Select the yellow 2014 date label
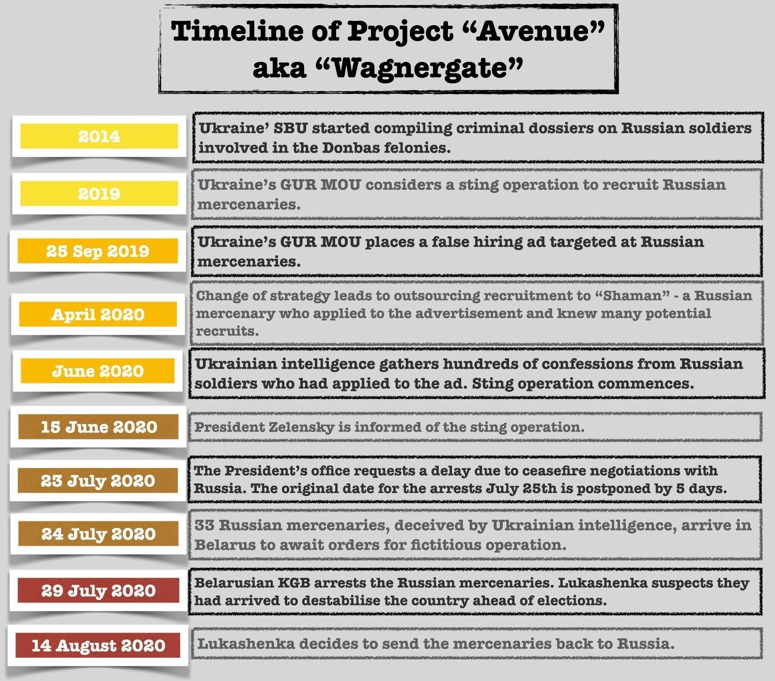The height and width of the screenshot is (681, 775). pyautogui.click(x=99, y=136)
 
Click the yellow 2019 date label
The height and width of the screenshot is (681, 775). pyautogui.click(x=99, y=194)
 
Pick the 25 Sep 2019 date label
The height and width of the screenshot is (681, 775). pyautogui.click(x=98, y=251)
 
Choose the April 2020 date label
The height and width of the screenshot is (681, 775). pyautogui.click(x=98, y=314)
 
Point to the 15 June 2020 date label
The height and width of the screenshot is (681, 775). pyautogui.click(x=99, y=427)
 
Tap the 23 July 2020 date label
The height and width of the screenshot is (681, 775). pyautogui.click(x=98, y=481)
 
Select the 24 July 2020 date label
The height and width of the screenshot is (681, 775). pyautogui.click(x=98, y=534)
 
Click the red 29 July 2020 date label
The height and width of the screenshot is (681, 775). pyautogui.click(x=98, y=590)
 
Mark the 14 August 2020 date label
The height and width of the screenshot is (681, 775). pyautogui.click(x=98, y=645)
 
